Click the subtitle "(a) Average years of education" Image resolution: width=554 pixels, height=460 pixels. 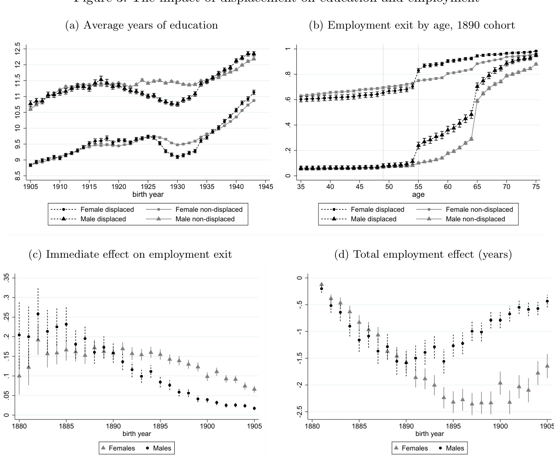142,25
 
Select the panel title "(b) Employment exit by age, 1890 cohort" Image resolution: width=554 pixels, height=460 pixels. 412,25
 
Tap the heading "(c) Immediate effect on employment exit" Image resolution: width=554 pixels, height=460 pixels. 130,254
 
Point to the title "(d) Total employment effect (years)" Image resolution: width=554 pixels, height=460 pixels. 423,254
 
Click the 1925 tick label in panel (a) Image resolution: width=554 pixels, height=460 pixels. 148,187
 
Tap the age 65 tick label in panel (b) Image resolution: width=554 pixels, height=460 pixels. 477,187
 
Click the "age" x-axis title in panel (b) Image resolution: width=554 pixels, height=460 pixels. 418,194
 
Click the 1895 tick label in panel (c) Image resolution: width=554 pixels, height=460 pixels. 160,426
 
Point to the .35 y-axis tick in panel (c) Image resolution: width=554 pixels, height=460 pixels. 6,278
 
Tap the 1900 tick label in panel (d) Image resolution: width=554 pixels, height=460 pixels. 500,426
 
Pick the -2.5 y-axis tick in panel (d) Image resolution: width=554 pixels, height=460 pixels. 300,412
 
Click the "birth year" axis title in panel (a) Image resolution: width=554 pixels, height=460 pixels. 148,194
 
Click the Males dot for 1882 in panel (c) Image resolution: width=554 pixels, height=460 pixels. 38,314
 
